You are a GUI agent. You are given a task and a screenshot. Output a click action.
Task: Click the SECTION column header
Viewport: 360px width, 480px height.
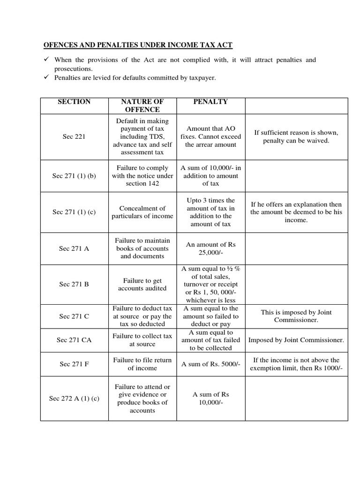(74, 102)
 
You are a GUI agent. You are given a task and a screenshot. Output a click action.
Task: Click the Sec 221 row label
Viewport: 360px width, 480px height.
(74, 137)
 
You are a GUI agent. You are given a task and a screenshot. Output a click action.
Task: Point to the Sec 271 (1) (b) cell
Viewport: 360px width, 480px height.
(74, 176)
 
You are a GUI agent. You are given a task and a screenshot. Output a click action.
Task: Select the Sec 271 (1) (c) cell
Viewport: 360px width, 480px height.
(74, 212)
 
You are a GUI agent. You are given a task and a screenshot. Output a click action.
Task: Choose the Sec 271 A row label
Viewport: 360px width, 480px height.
(74, 248)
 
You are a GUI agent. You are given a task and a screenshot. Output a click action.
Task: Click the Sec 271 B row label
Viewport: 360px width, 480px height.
(74, 284)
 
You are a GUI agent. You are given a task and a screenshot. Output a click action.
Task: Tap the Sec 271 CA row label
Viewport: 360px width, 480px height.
(74, 340)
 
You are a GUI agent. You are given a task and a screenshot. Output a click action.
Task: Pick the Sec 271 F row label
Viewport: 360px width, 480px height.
(74, 364)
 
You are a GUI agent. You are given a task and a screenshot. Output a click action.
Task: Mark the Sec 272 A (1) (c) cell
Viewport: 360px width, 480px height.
(74, 398)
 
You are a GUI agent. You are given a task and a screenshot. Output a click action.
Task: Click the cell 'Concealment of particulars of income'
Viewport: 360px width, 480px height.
(142, 212)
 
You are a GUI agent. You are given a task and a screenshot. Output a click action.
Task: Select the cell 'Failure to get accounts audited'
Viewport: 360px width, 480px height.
(142, 284)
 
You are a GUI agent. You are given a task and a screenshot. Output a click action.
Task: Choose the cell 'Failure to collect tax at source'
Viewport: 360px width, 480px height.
(142, 340)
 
